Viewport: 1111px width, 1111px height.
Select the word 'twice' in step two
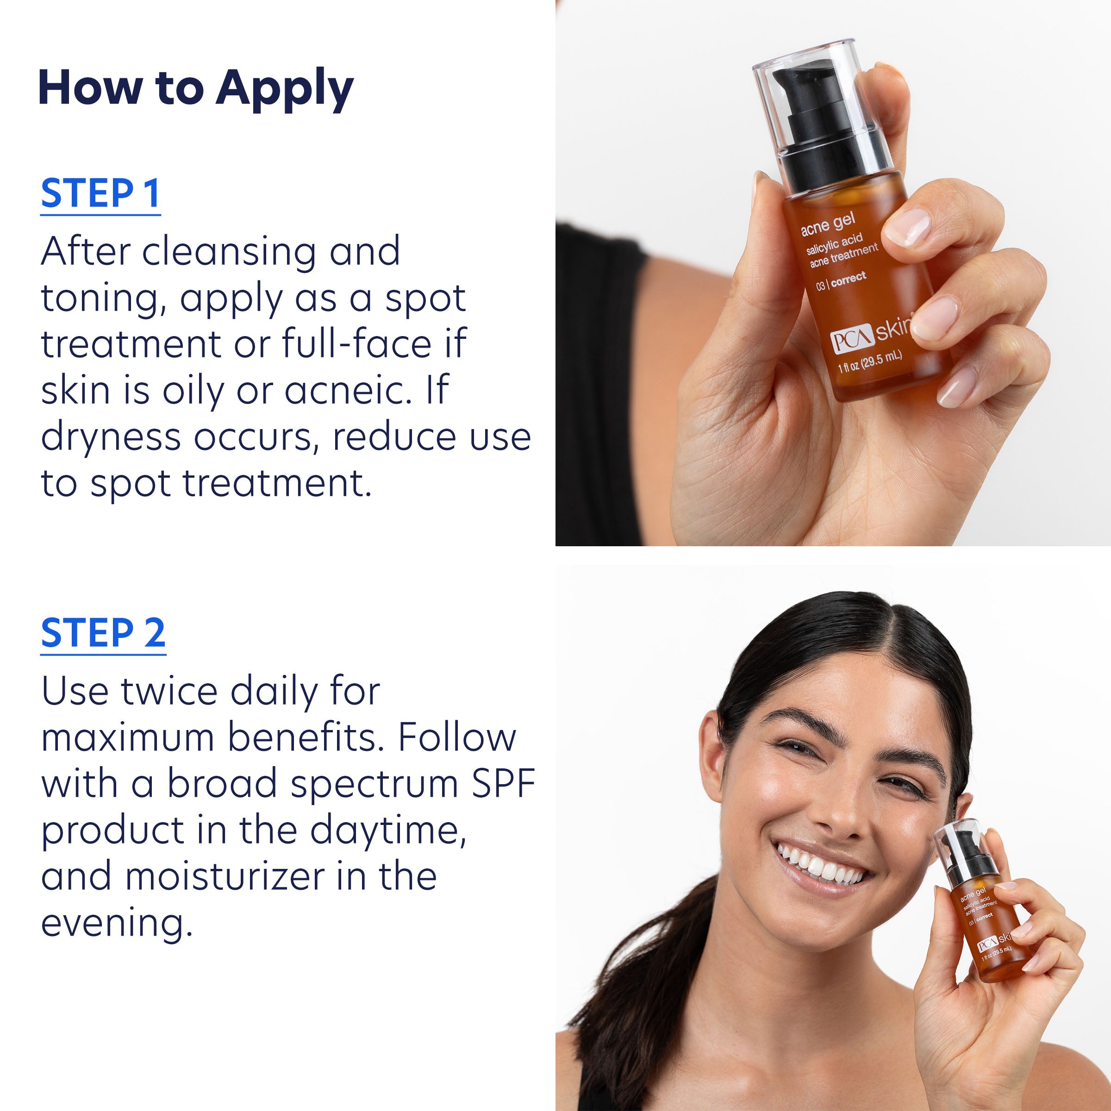[169, 691]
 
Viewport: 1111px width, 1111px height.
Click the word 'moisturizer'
[224, 876]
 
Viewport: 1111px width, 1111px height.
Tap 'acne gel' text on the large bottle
[828, 224]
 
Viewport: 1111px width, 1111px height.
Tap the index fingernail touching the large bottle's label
[907, 228]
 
